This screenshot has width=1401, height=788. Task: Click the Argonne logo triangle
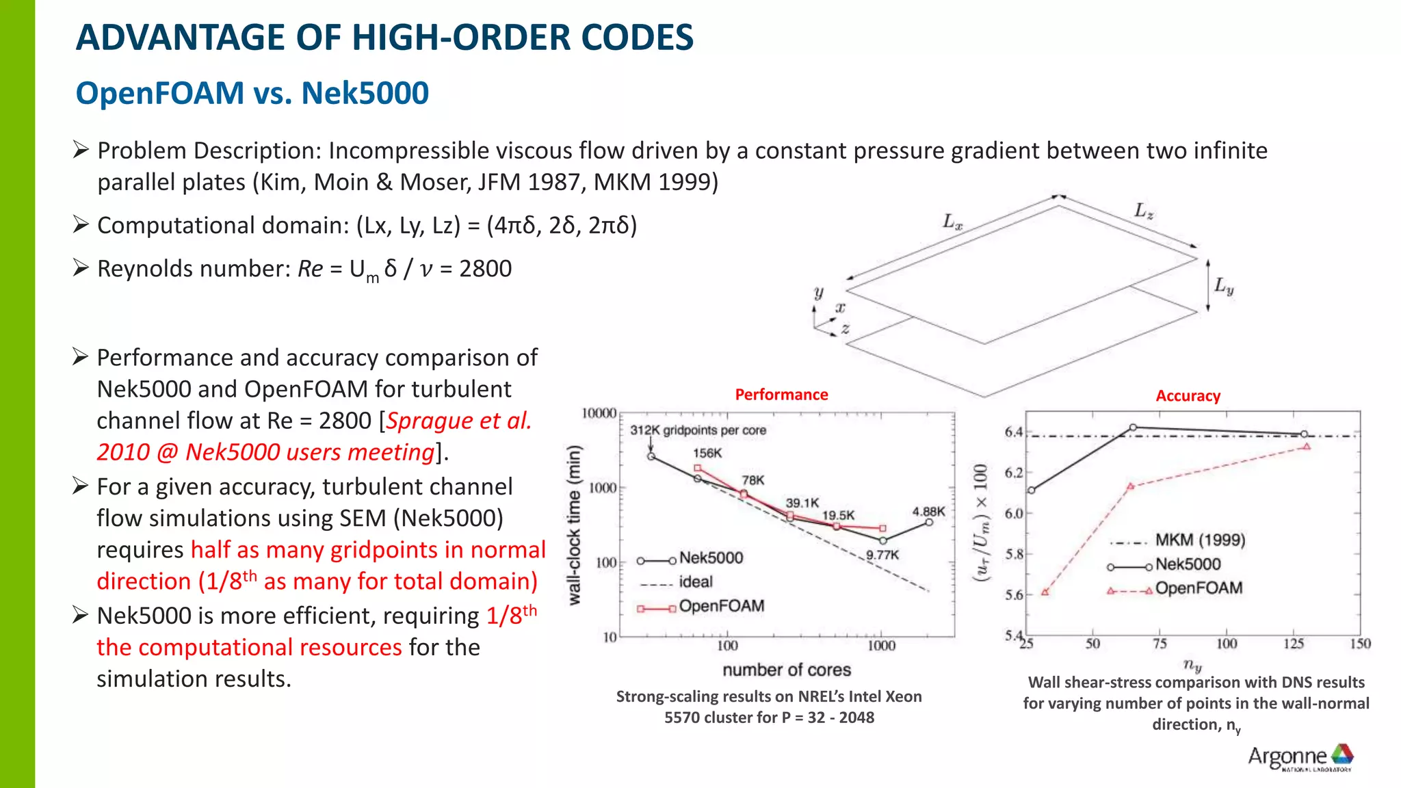coord(1341,754)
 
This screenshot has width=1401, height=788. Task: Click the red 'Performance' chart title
coord(781,395)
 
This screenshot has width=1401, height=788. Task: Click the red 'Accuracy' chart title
coord(1188,396)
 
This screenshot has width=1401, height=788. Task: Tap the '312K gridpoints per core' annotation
coord(698,430)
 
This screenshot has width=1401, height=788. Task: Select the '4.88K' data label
coord(928,511)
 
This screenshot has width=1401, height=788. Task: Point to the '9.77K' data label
coord(882,555)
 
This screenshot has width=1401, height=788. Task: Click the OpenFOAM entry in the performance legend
coord(721,606)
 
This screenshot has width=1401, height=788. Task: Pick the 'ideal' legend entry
coord(695,582)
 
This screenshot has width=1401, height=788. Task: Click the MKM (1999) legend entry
coord(1200,540)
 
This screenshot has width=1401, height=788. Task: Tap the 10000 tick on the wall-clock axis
coord(599,413)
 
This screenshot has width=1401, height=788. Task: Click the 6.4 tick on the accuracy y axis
coord(1013,432)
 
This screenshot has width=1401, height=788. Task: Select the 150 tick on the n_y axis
coord(1360,644)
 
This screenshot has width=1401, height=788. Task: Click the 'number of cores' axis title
coord(787,670)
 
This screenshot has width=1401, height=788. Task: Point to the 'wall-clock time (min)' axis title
coord(575,525)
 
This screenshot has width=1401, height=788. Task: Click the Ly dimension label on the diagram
coord(1224,286)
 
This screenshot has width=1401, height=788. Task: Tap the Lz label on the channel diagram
coord(1144,211)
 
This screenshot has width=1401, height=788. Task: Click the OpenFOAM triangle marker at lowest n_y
coord(1045,592)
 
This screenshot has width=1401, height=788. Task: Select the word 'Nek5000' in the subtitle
coord(365,93)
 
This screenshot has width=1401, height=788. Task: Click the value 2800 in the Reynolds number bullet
coord(485,269)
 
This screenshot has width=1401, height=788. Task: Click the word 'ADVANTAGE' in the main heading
coord(180,38)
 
